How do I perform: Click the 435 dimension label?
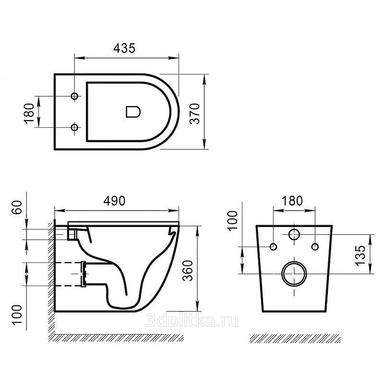[x=124, y=48]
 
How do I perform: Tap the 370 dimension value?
[x=195, y=114]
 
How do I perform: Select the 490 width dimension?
[x=114, y=201]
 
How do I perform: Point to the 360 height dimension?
[x=188, y=270]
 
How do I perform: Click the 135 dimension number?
[x=360, y=255]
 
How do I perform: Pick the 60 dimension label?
[x=17, y=207]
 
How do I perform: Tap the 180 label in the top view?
[x=29, y=114]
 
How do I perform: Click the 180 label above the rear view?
[x=292, y=201]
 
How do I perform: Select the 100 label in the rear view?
[x=232, y=220]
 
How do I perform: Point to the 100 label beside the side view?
[x=17, y=315]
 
